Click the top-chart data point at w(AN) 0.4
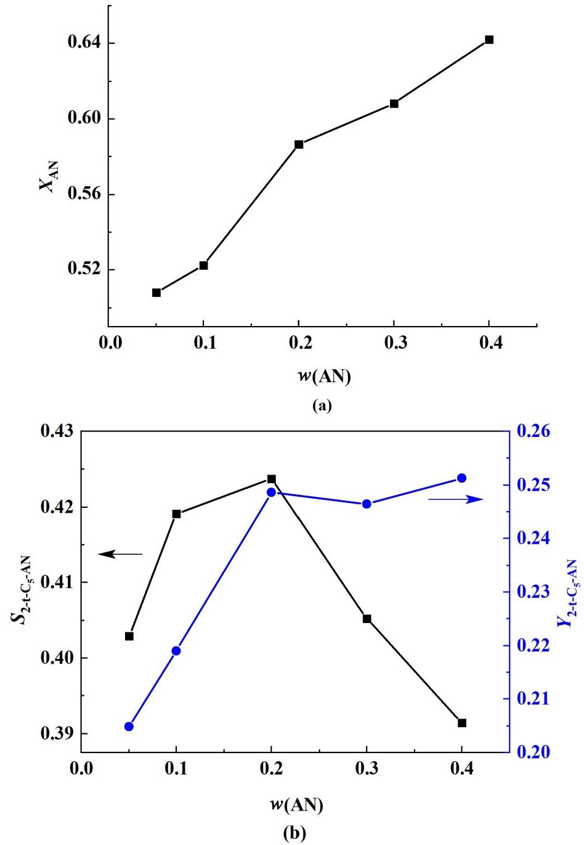[489, 39]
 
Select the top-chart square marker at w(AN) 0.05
[156, 293]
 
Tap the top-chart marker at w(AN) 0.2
[299, 144]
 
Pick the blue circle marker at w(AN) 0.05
[129, 727]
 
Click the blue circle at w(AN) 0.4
[462, 478]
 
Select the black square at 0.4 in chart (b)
[462, 723]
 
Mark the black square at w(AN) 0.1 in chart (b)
[176, 513]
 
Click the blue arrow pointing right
[456, 500]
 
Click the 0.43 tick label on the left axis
[57, 431]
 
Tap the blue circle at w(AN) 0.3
[367, 504]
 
